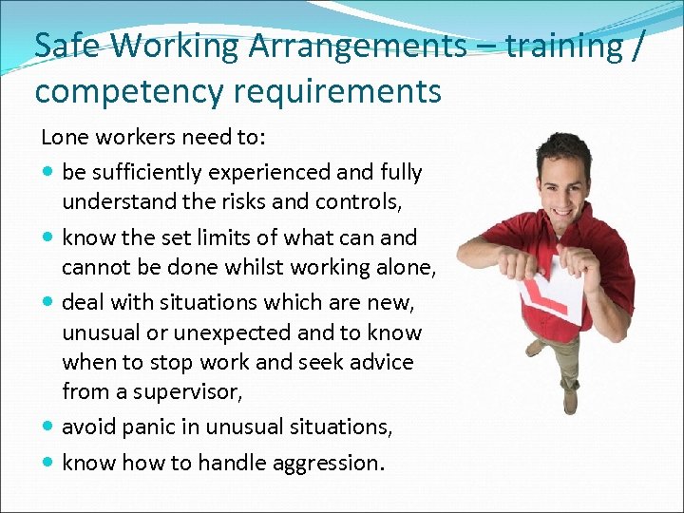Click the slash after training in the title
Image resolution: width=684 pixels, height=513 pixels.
[x=637, y=46]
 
